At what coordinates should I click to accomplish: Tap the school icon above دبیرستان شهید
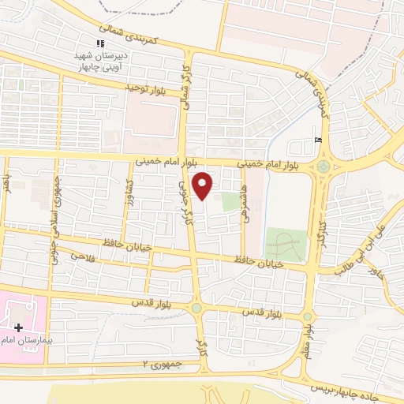[x=99, y=44]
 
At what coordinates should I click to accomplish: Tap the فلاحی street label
[x=82, y=256]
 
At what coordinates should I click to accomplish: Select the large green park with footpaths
[x=285, y=244]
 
